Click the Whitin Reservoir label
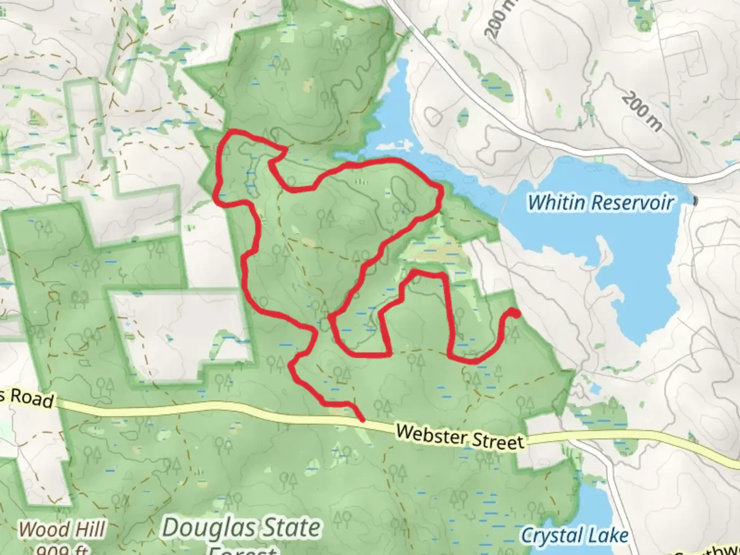[x=600, y=202]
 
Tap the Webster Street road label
[x=460, y=437]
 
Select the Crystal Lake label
[x=575, y=536]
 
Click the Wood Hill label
[x=62, y=530]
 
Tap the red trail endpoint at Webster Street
[x=363, y=420]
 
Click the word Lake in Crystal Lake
[x=610, y=536]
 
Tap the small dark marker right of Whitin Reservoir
[x=696, y=200]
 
